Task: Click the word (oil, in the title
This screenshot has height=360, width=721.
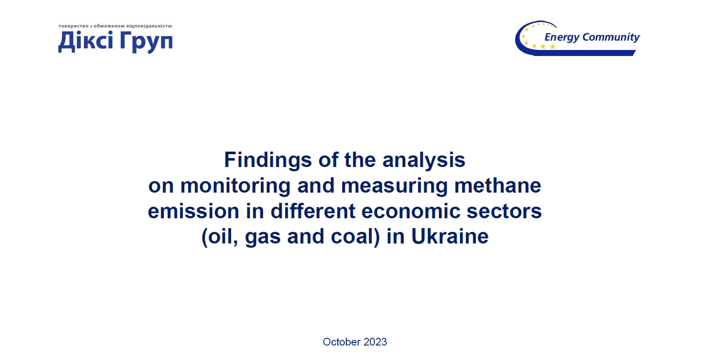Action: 220,236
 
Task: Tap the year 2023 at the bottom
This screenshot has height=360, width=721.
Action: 375,342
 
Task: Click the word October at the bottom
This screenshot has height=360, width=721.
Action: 342,342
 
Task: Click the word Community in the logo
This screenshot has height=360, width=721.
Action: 611,37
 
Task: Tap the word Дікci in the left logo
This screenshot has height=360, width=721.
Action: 86,41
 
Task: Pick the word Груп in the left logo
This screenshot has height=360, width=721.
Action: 146,42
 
